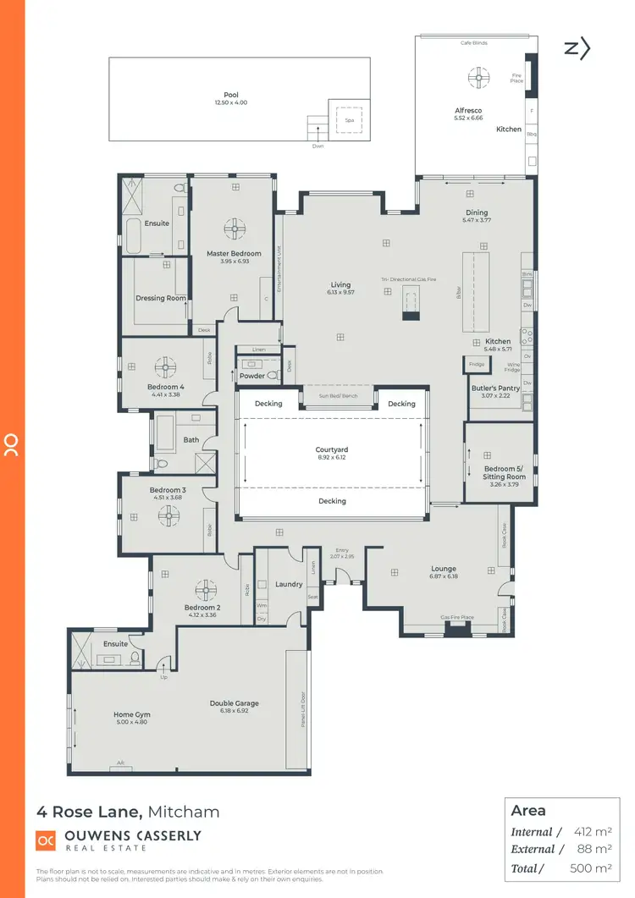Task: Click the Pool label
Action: (231, 95)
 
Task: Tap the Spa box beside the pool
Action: (349, 120)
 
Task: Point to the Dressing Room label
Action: (161, 298)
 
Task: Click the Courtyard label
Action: (332, 450)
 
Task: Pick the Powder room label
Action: (252, 376)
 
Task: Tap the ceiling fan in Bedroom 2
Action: (206, 589)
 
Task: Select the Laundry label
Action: (290, 584)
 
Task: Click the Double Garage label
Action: (235, 703)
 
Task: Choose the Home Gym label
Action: (131, 714)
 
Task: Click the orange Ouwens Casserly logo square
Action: (46, 840)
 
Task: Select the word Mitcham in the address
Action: (184, 812)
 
